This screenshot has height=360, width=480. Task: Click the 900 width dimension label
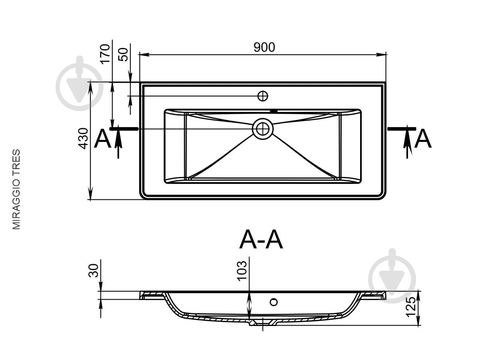(x=264, y=47)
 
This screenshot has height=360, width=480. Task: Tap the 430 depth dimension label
(x=83, y=139)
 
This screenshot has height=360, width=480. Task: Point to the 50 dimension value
(x=123, y=54)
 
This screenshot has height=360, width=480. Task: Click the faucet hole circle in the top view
(x=263, y=96)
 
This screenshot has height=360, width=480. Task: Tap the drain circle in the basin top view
(x=263, y=129)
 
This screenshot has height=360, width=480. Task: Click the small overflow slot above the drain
(x=273, y=111)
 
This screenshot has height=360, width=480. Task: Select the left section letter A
(x=103, y=139)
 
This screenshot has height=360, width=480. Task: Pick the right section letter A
(x=423, y=139)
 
